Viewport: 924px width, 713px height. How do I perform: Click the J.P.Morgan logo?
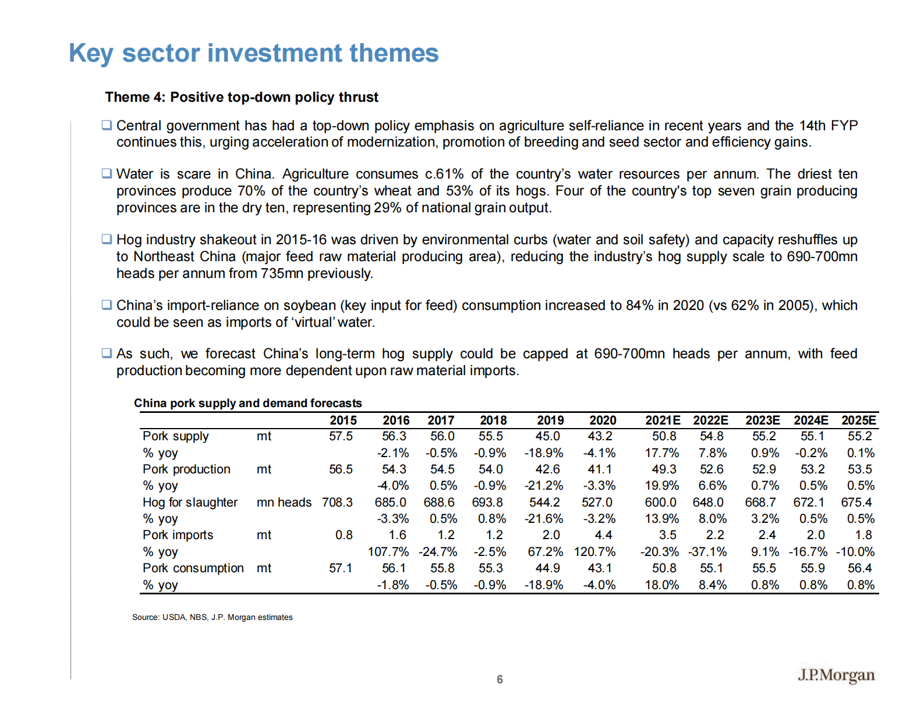click(836, 675)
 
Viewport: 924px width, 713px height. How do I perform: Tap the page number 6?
click(500, 679)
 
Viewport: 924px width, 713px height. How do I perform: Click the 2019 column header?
click(550, 420)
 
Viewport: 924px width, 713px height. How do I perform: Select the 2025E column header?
click(859, 420)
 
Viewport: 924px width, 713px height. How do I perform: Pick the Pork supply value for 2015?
click(341, 436)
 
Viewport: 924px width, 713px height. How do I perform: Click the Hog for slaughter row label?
click(190, 502)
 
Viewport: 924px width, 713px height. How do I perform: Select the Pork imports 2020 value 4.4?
click(603, 535)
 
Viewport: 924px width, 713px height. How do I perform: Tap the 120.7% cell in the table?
click(594, 552)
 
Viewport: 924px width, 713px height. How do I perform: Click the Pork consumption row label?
click(193, 568)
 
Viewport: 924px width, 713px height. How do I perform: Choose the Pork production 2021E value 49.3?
click(664, 469)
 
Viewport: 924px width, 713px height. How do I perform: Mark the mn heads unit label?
click(284, 502)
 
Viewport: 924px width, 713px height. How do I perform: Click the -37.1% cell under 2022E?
click(707, 552)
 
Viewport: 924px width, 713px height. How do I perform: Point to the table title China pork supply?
click(247, 403)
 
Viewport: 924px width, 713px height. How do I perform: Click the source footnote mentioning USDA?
click(212, 617)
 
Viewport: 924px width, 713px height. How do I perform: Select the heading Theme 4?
click(242, 97)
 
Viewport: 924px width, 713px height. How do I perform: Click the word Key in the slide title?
click(91, 54)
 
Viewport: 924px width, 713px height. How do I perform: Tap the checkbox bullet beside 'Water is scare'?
click(107, 173)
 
